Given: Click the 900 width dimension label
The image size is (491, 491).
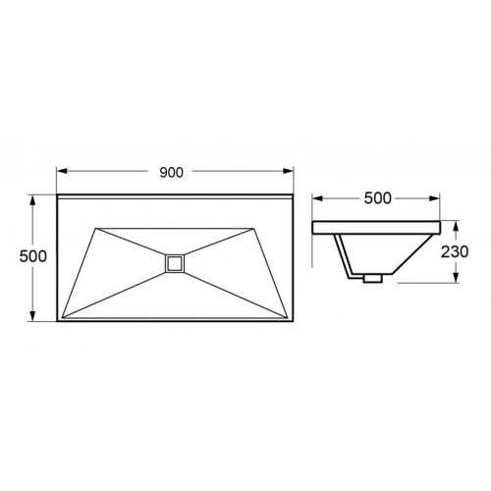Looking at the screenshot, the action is pos(171,172).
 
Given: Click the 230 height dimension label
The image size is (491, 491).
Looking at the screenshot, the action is pos(455,251).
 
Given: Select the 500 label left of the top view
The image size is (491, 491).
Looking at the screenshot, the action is pos(32,256).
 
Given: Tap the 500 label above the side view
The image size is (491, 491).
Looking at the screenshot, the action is pos(377,198).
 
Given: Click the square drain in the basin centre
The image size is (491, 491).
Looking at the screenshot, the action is pos(175,263).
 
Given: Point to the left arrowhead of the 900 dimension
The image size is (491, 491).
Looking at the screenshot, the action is pos(62,171).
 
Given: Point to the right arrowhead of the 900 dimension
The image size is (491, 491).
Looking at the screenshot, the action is pos(288,171).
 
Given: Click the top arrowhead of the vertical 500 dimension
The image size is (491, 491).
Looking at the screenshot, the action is pos(32,200).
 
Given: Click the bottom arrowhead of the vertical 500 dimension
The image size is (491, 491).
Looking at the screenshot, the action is pos(32,315).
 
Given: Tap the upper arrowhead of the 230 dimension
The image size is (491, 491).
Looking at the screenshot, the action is pos(456,227).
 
